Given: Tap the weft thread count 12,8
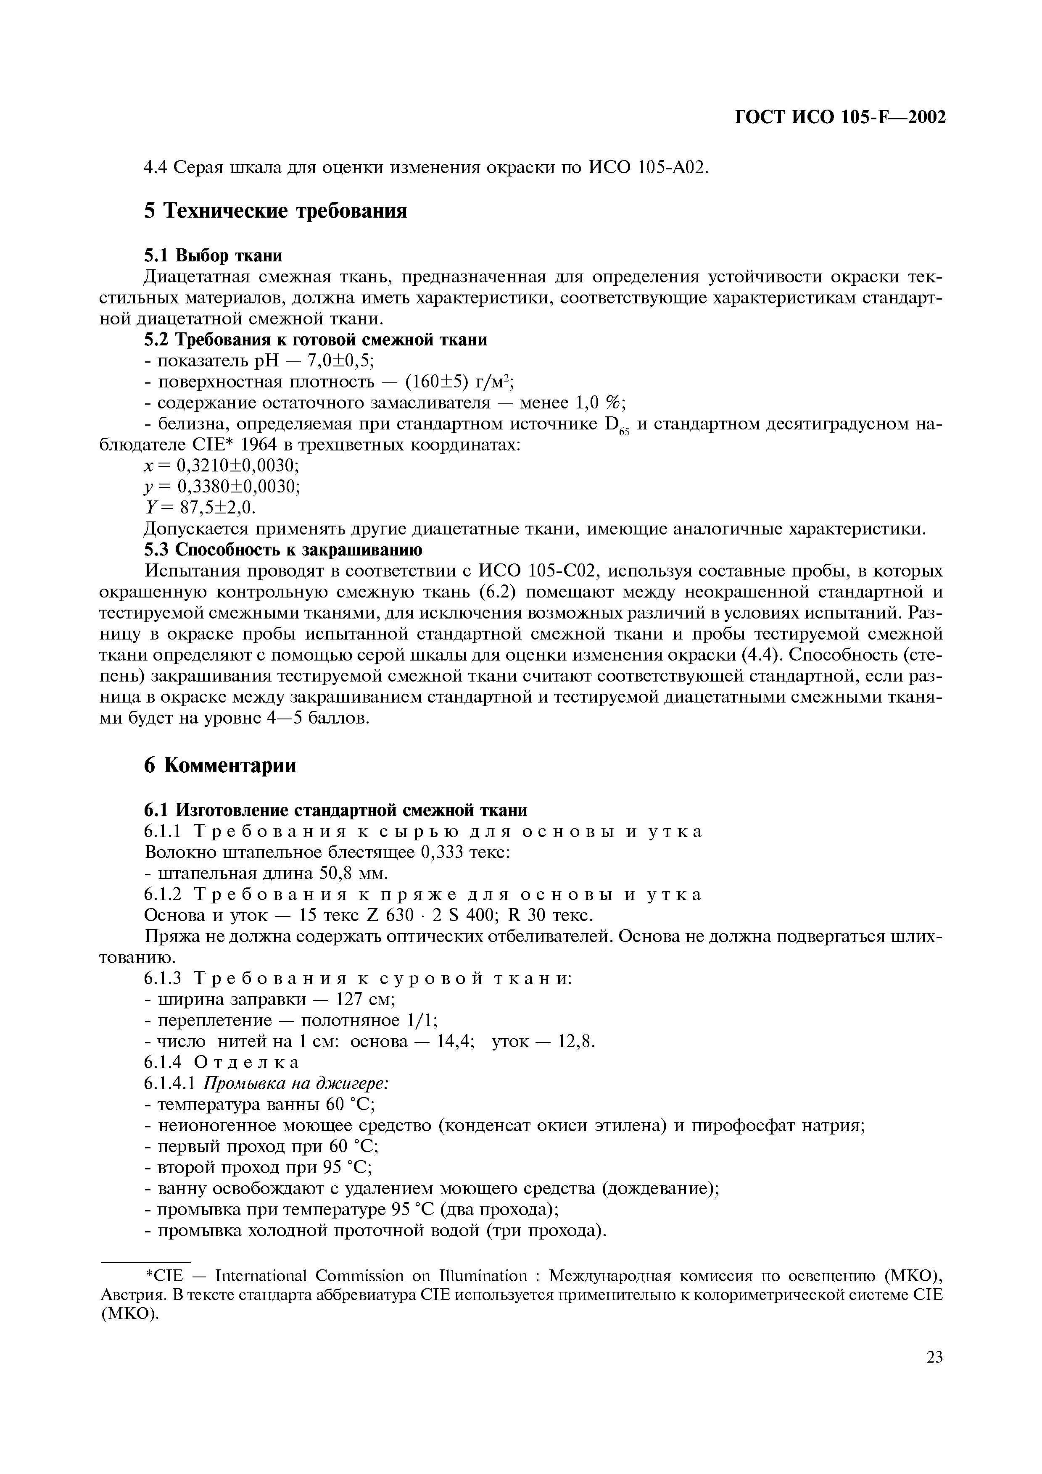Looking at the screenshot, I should [x=576, y=1042].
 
